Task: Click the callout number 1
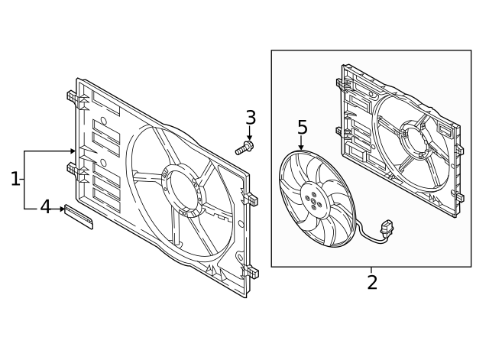(x=15, y=179)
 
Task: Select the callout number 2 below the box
(x=372, y=282)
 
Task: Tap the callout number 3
(x=250, y=118)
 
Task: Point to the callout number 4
(x=45, y=207)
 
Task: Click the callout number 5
(x=302, y=127)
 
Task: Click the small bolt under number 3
(x=244, y=148)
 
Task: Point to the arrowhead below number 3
(x=250, y=137)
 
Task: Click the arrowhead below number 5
(x=301, y=147)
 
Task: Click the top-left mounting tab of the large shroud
(x=70, y=98)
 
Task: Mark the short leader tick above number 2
(x=371, y=270)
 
